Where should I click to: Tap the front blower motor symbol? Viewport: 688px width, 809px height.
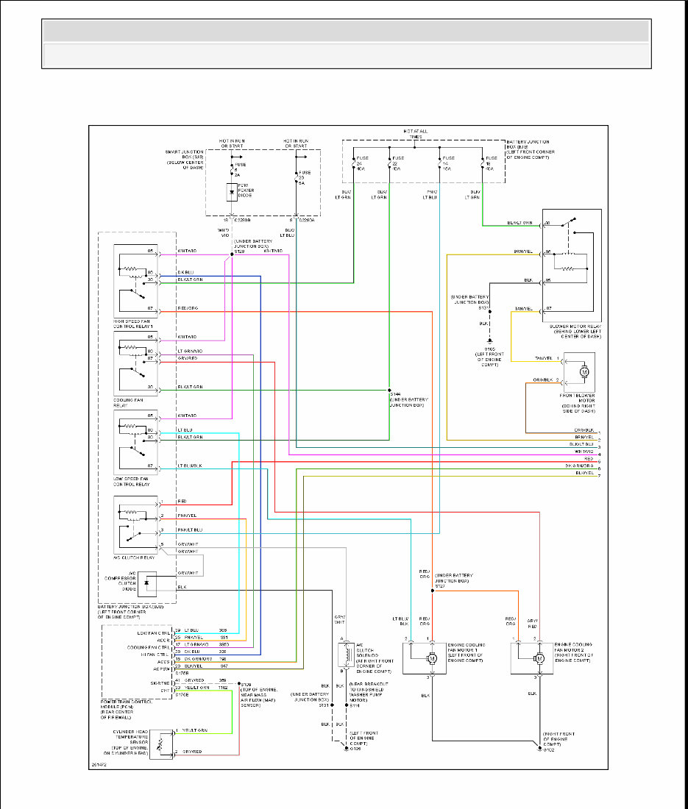[585, 371]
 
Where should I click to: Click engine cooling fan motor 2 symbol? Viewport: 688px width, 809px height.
[539, 658]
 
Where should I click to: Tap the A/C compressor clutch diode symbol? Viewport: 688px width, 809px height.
[147, 582]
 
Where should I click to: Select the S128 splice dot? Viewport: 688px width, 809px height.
[233, 256]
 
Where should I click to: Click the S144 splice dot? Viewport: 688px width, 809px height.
[389, 390]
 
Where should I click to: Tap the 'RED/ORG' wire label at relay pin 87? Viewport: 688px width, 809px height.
[188, 308]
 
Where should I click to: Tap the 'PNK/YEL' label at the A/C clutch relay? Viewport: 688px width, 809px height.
[188, 515]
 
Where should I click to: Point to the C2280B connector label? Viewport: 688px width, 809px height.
[244, 219]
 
